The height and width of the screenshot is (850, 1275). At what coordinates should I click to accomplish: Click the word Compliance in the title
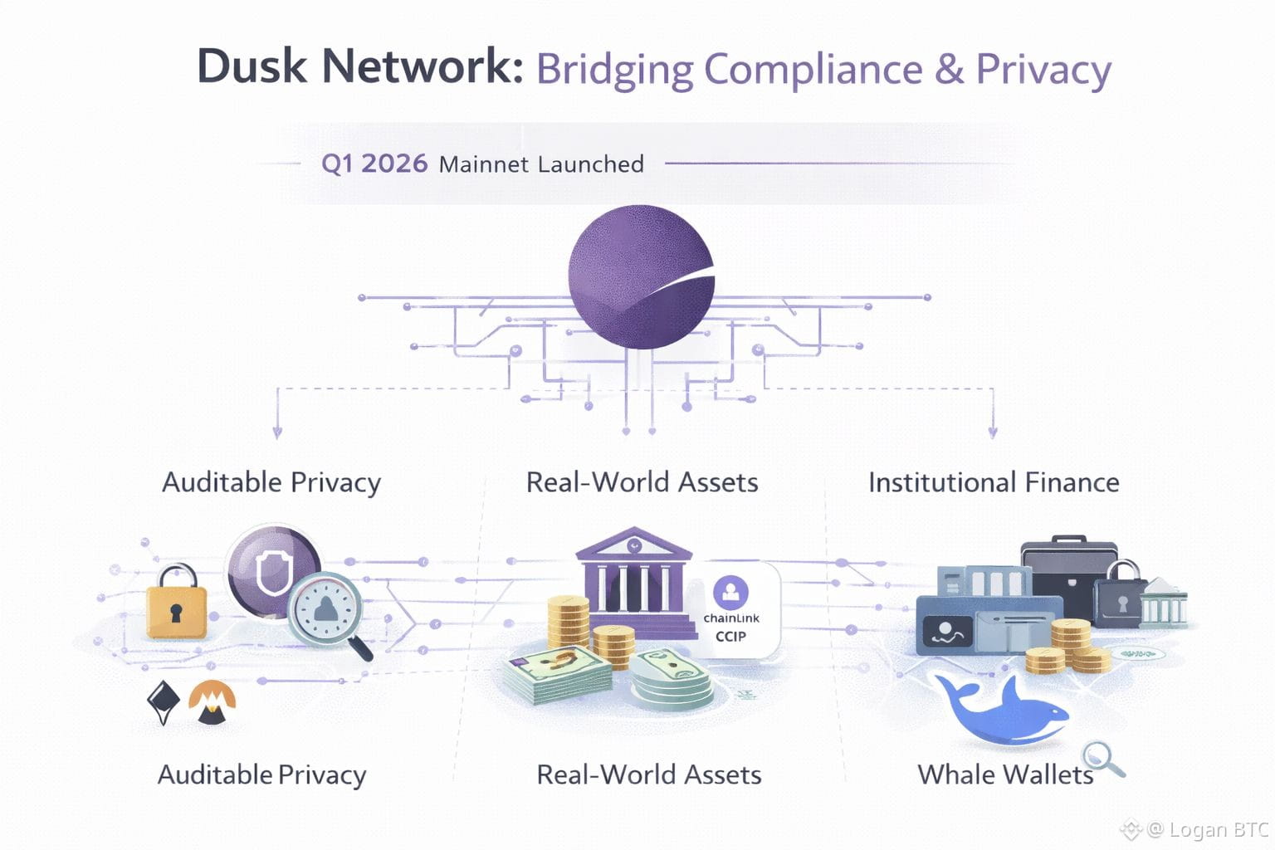(x=813, y=70)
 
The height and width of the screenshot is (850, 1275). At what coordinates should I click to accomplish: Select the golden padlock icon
(x=176, y=603)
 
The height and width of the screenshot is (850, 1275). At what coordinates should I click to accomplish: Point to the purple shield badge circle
(x=273, y=569)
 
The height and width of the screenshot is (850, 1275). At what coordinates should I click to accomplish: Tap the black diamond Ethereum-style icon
(x=163, y=702)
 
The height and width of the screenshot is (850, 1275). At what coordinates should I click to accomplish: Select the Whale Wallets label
(x=1004, y=774)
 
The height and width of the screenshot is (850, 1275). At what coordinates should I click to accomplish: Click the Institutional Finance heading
(x=994, y=482)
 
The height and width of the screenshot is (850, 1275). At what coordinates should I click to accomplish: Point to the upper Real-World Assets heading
(x=642, y=482)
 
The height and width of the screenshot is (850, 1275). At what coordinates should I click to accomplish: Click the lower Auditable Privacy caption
(x=261, y=774)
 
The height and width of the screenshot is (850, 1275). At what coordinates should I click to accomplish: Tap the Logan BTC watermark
(x=1208, y=829)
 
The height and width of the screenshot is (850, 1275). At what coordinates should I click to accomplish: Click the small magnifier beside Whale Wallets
(x=1104, y=760)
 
